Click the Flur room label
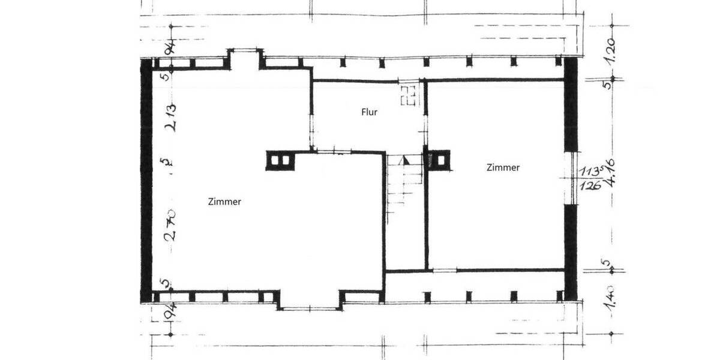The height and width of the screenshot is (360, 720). point(369,112)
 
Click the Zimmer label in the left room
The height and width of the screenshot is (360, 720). point(224,202)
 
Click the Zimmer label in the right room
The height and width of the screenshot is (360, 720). point(503,168)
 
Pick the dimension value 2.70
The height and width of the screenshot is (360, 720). point(170,224)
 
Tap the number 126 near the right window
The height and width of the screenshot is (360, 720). point(590,185)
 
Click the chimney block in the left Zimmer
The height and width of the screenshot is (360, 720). point(280,161)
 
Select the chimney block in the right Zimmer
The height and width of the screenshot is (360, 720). point(437,160)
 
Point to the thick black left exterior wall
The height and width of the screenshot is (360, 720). point(146,180)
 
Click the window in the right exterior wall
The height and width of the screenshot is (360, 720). point(572,177)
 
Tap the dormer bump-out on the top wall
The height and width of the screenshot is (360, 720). point(245,59)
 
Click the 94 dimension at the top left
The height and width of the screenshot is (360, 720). point(170,46)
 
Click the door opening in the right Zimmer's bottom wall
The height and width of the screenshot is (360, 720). point(445,270)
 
